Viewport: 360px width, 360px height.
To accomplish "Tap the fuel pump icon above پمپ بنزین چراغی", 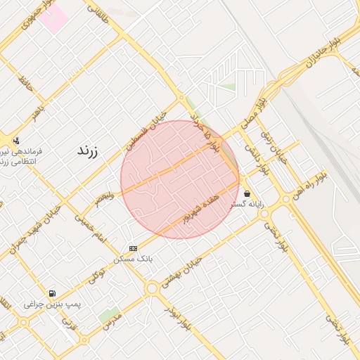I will click(x=51, y=293).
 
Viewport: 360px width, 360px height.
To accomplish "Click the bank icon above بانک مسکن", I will click(x=134, y=249).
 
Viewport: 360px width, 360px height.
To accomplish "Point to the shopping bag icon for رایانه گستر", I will click(x=246, y=193).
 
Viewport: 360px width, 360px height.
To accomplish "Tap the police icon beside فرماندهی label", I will click(x=15, y=141).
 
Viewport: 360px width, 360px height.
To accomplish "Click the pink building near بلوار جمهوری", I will click(x=53, y=18).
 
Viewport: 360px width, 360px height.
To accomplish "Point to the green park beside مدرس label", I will click(x=109, y=315).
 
